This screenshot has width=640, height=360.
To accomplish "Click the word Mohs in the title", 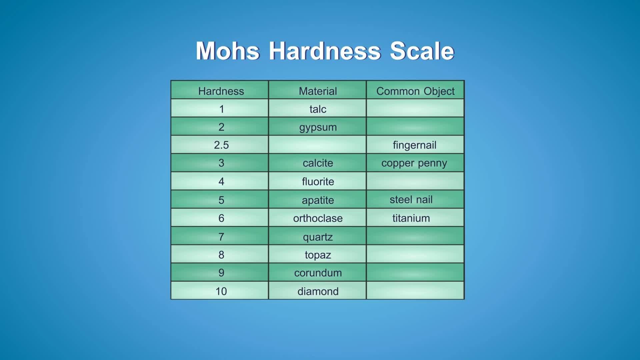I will [x=227, y=51].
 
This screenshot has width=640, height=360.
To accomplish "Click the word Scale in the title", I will [x=422, y=51].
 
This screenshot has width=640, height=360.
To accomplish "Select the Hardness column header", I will [x=221, y=91].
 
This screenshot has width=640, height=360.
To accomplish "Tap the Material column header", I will [x=318, y=91].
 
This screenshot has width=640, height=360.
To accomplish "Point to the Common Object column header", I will [x=415, y=91].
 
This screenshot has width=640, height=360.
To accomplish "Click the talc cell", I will [x=318, y=109].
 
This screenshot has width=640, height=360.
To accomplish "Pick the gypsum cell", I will [x=318, y=127].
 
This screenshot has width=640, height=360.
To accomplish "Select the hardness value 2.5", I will [x=221, y=145].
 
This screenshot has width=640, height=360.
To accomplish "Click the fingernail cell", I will [x=414, y=145].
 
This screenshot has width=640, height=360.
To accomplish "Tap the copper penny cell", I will [x=414, y=163].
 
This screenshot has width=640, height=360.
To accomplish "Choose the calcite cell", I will [x=318, y=163].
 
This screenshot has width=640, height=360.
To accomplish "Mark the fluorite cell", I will [x=318, y=181].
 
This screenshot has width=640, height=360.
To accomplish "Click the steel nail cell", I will [x=411, y=200].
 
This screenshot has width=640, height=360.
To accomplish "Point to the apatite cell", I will [x=318, y=200].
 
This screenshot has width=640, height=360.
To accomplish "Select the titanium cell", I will [x=411, y=218].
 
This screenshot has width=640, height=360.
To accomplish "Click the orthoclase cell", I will [x=318, y=218].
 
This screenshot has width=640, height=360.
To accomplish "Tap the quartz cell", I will [x=318, y=237].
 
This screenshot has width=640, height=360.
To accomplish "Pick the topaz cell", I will [x=318, y=255].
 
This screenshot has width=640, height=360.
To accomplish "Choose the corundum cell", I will [x=318, y=273].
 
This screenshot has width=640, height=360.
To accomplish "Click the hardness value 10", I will [x=221, y=291].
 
